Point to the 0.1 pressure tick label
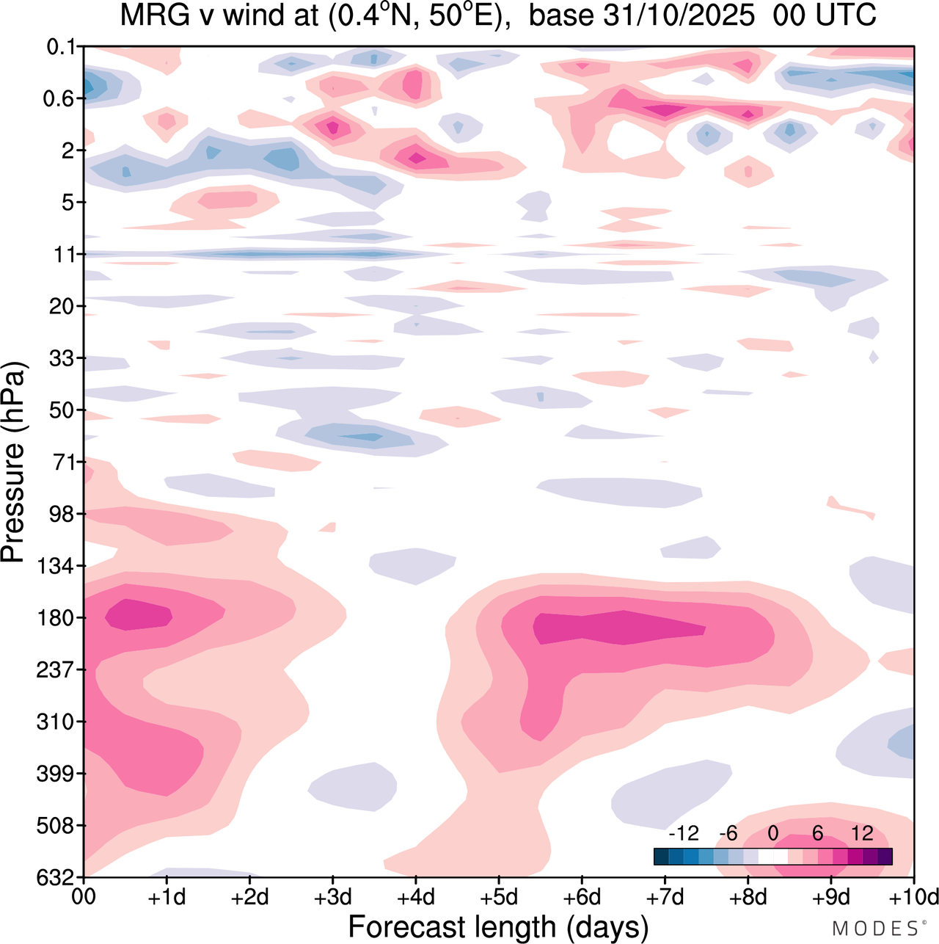[61, 47]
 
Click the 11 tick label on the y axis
[64, 255]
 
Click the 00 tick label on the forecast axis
[84, 897]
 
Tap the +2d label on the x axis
[249, 897]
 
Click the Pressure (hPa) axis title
[13, 462]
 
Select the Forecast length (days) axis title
[498, 927]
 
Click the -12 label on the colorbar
[683, 833]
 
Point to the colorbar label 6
[817, 833]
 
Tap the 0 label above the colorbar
[772, 833]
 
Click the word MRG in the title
[152, 16]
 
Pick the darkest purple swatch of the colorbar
[885, 856]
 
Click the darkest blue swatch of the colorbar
[661, 856]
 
